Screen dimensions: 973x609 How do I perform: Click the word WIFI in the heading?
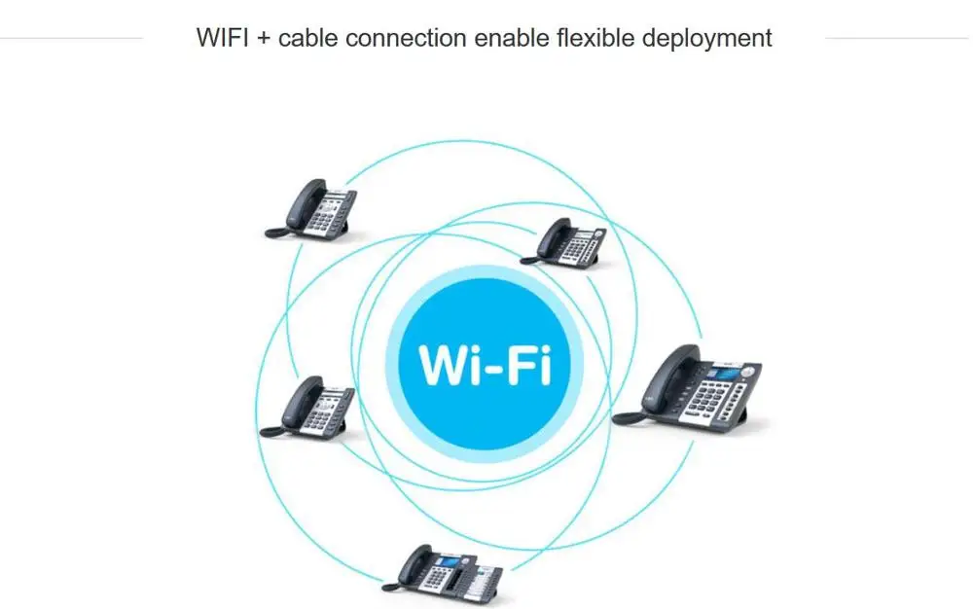click(x=224, y=38)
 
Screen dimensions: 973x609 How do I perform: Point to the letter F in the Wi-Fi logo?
click(x=525, y=365)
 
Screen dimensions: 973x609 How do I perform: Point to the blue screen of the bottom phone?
click(x=449, y=562)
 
